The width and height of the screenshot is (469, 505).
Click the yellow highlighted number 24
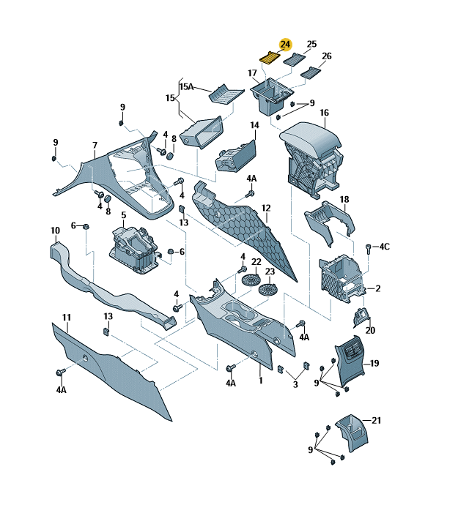(x=286, y=45)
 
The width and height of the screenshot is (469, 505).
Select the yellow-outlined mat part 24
(x=270, y=58)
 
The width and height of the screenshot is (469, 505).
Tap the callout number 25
(x=311, y=44)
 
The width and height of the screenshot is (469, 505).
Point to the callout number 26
(x=327, y=56)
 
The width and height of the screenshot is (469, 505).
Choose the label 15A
(x=187, y=86)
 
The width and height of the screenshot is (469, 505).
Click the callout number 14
(x=254, y=125)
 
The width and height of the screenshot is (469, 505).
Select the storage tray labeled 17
(x=272, y=96)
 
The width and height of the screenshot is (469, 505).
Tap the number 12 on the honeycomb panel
(x=266, y=208)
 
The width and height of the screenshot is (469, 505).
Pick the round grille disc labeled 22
(x=251, y=280)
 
